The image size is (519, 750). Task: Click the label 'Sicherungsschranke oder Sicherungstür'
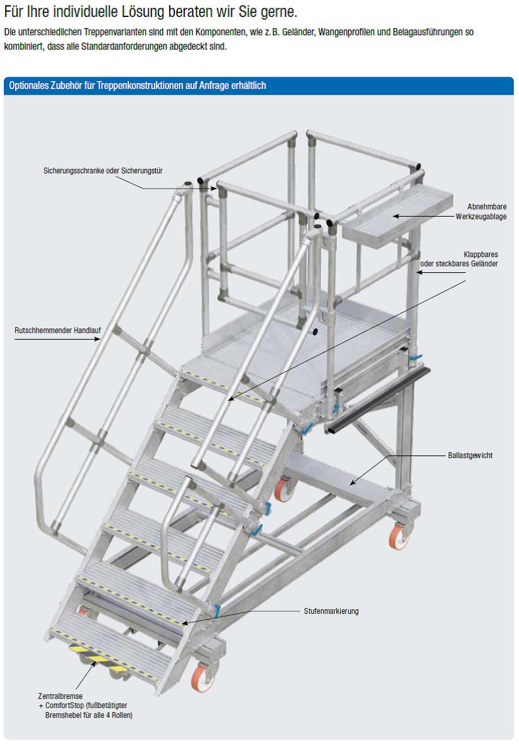(103, 170)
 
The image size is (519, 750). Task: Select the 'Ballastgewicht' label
(470, 455)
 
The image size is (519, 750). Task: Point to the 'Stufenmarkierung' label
(331, 611)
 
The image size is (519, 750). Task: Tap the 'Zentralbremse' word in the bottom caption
(60, 696)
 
